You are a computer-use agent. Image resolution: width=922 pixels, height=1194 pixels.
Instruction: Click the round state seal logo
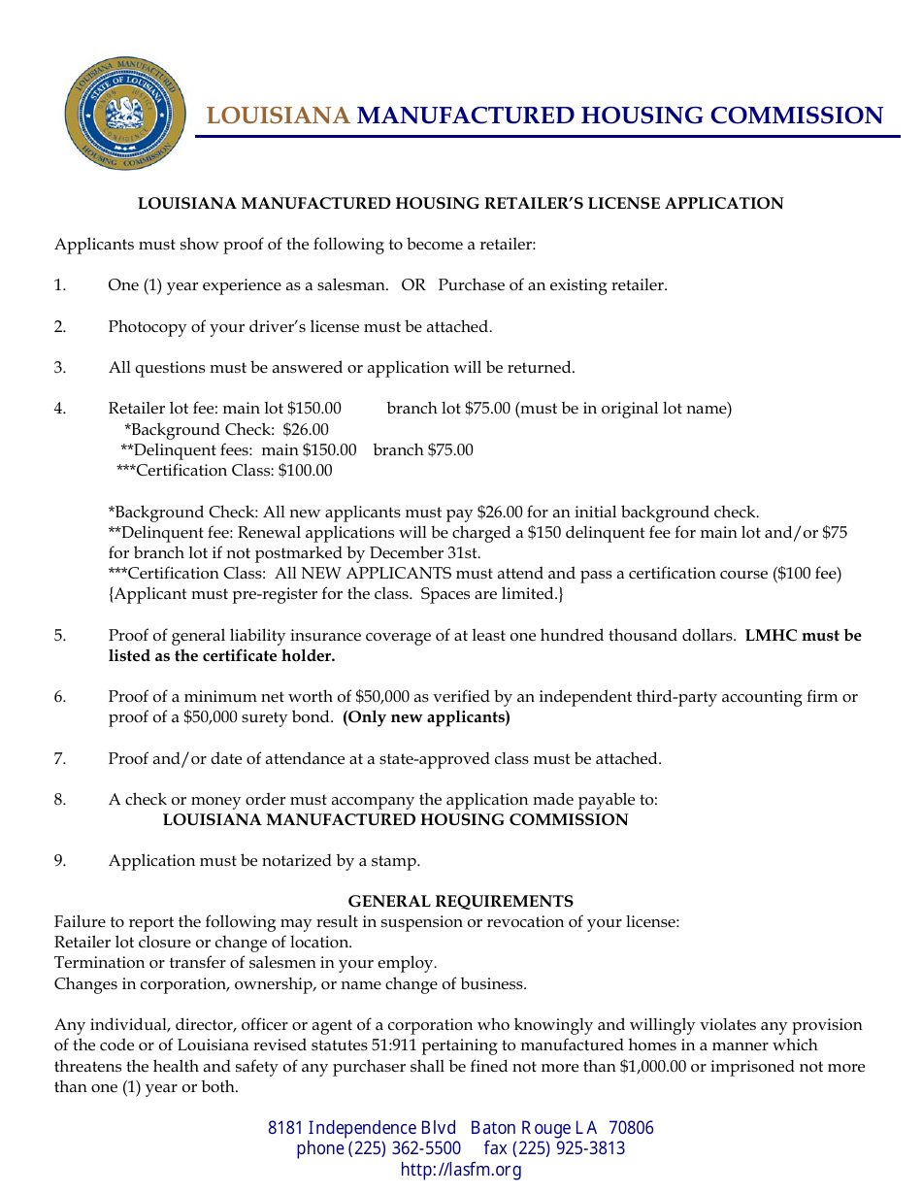coord(125,113)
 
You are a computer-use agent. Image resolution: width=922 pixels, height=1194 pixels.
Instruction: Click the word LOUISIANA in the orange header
coord(278,116)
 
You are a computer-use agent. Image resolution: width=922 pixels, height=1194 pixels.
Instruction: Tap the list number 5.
coord(60,636)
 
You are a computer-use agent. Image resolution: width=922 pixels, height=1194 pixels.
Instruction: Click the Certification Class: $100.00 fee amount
coord(305,471)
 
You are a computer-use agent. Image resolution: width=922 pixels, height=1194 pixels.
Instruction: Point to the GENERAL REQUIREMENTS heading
coord(460,901)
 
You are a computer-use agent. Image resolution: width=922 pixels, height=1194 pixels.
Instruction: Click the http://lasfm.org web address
coord(461,1170)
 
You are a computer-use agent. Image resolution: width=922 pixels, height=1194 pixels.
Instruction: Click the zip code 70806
coord(631,1128)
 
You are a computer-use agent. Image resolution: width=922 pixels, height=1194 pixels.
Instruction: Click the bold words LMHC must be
coord(803,636)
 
